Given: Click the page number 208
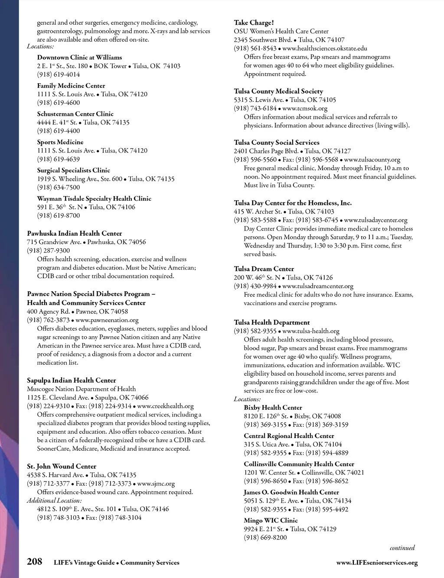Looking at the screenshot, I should pos(35,562).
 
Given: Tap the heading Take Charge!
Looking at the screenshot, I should pos(254,23).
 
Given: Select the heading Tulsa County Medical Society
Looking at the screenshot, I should pos(278,91).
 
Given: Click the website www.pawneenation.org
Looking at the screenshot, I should pos(107,320).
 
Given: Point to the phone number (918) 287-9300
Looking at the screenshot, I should pos(48,250).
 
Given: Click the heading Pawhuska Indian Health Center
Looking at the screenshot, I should pos(75,233).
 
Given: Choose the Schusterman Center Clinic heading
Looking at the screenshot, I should pos(75,114).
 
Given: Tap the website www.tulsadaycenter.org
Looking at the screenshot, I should pos(375,220).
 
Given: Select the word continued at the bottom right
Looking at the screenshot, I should pos(402,548).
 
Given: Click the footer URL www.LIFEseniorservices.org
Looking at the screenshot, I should pos(377,563).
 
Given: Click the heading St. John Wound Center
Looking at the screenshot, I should pos(62,466).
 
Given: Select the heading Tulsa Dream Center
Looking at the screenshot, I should pos(264,269).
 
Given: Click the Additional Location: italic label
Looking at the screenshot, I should pos(54,500).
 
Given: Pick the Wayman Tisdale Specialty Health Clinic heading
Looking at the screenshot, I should pos(94,198).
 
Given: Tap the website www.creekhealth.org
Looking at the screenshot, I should pos(165,406).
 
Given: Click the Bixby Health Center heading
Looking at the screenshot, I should pos(273,407).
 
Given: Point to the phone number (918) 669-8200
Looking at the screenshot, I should pos(265,537).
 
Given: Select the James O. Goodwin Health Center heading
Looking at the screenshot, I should pos(291,492).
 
